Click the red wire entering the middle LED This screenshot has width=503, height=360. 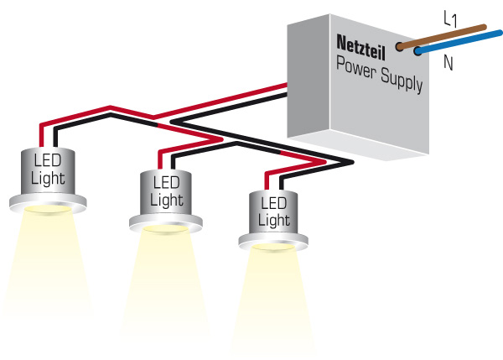click(158, 158)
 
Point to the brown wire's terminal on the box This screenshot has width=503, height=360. click(399, 47)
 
